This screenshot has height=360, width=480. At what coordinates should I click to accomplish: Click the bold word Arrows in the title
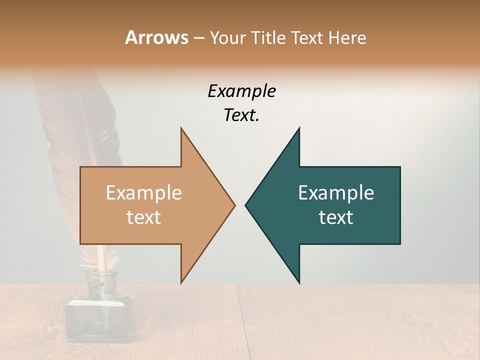pyautogui.click(x=156, y=37)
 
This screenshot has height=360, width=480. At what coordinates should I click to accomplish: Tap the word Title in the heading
pyautogui.click(x=269, y=37)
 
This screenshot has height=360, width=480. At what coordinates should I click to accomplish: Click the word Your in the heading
pyautogui.click(x=227, y=38)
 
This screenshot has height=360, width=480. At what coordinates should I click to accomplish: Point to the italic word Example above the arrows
pyautogui.click(x=241, y=91)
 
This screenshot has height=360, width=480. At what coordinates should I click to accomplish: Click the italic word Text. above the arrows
pyautogui.click(x=241, y=115)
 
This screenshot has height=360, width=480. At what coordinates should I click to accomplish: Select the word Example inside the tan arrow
pyautogui.click(x=143, y=193)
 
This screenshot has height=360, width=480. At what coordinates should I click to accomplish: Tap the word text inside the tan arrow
pyautogui.click(x=143, y=217)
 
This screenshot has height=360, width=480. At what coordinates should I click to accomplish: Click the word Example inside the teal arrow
pyautogui.click(x=336, y=193)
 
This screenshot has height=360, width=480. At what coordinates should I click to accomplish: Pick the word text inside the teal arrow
pyautogui.click(x=336, y=217)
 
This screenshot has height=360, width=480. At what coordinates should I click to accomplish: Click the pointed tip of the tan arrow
pyautogui.click(x=234, y=205)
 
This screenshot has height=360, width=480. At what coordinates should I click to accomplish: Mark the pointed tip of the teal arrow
pyautogui.click(x=246, y=205)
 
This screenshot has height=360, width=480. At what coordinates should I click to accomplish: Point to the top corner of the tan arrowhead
pyautogui.click(x=181, y=128)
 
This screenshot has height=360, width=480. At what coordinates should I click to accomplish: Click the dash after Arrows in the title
pyautogui.click(x=198, y=38)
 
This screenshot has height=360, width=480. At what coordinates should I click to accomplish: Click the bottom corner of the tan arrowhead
pyautogui.click(x=181, y=283)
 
